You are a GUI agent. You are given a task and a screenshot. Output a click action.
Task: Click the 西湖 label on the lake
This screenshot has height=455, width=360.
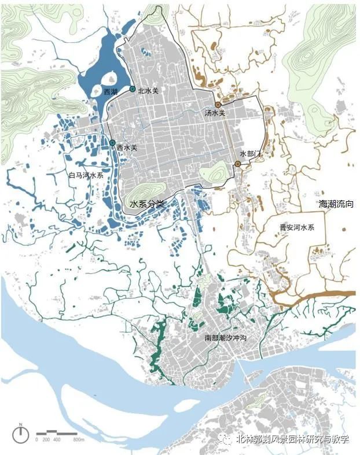(110, 92)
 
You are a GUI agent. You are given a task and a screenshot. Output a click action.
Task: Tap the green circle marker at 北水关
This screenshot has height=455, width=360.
(133, 89)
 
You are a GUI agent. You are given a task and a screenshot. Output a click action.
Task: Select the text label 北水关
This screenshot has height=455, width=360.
(148, 90)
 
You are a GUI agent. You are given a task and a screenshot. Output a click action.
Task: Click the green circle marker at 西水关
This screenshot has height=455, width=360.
(112, 143)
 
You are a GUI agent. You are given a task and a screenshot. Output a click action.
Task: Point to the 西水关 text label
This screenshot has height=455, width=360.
(127, 148)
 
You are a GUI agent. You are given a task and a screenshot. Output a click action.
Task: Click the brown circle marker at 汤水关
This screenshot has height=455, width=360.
(218, 105)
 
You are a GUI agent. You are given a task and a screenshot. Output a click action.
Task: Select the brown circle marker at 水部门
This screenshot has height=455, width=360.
(238, 165)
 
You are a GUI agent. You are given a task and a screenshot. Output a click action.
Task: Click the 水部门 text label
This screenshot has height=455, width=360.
(251, 154)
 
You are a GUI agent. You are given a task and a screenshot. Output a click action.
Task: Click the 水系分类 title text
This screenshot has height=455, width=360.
(148, 204)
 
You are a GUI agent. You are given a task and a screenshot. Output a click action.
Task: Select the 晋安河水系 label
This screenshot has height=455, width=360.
(296, 228)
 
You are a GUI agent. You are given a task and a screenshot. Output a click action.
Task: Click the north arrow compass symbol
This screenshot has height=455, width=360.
(21, 434)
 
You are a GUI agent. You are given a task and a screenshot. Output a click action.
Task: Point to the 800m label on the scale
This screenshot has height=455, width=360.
(79, 440)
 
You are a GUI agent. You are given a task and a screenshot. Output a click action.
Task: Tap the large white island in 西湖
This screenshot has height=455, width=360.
(109, 80)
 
